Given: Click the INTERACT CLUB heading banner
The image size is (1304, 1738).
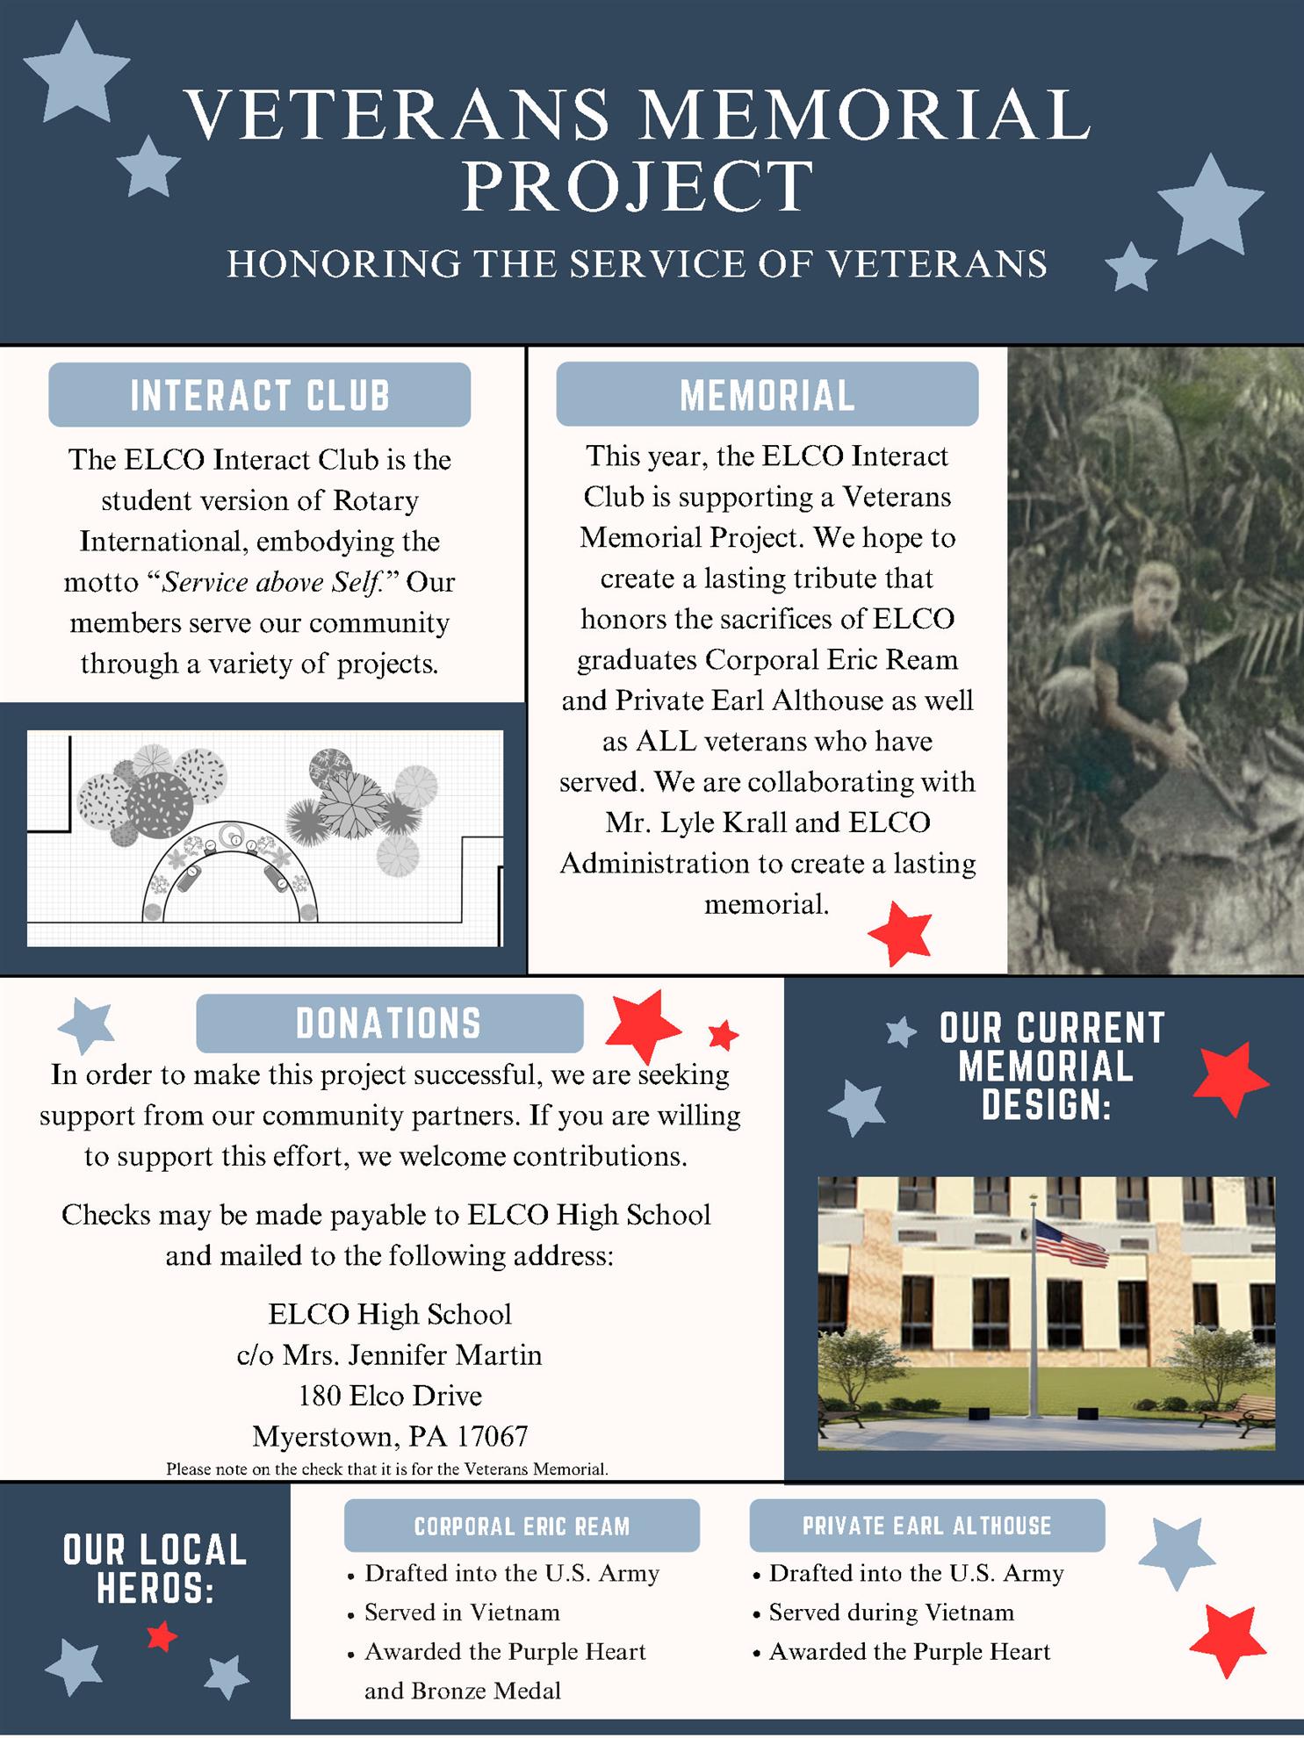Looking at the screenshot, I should click(x=259, y=395).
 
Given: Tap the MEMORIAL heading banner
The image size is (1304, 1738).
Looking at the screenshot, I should click(x=767, y=395).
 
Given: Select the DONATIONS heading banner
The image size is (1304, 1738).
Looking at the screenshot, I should click(x=389, y=1023).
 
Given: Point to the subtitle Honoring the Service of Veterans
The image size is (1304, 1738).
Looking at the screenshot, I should click(x=638, y=264).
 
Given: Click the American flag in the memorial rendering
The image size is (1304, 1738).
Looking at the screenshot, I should click(x=1071, y=1242).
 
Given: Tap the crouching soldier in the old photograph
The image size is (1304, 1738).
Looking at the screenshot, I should click(x=1133, y=667).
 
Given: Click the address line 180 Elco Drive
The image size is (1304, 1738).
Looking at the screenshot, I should click(x=390, y=1396).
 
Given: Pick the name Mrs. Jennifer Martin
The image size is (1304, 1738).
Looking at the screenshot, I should click(x=411, y=1355).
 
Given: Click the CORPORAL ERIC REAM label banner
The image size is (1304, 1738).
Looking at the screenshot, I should click(x=522, y=1526).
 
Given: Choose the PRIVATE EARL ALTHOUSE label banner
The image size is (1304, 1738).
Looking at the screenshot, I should click(x=926, y=1526).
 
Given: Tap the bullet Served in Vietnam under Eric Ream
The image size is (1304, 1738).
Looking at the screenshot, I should click(x=462, y=1612).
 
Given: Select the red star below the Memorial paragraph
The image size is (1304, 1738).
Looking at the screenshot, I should click(x=899, y=933).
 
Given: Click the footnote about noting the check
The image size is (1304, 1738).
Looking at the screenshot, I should click(x=387, y=1469).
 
